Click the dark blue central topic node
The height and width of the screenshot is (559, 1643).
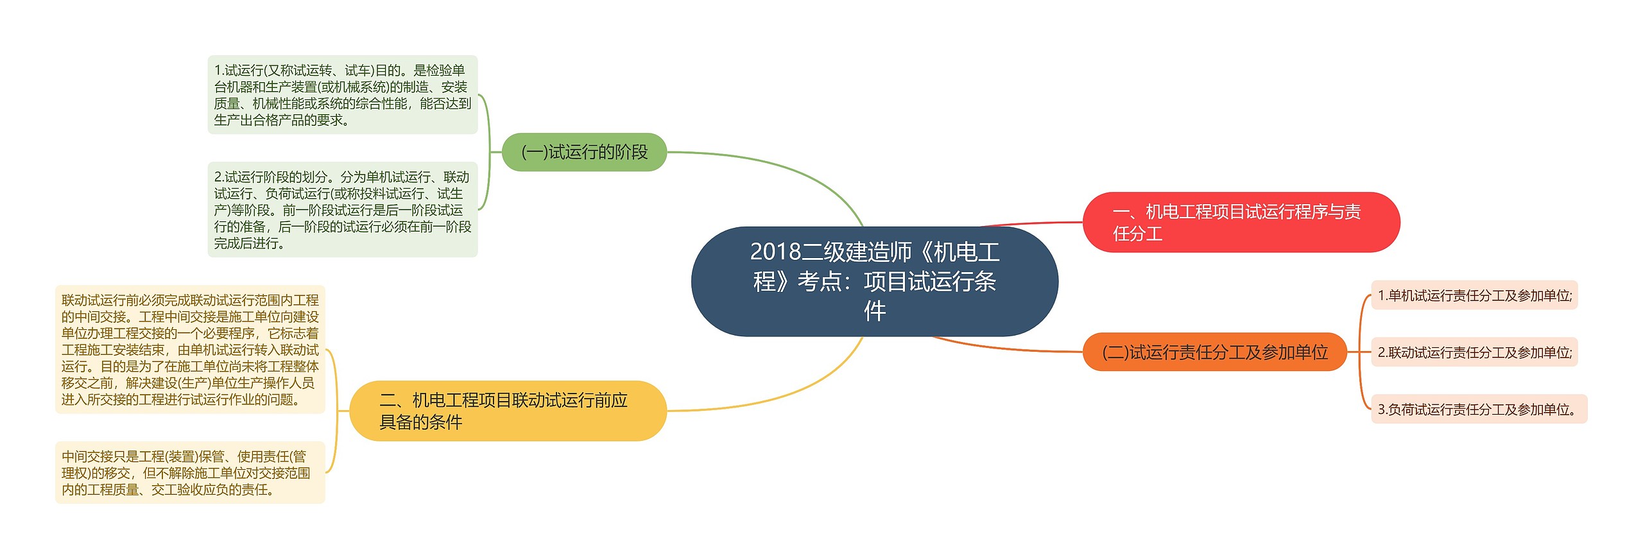[874, 281]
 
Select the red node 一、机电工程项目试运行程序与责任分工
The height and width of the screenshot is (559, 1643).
[1241, 222]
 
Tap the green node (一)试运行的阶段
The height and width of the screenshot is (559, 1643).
[584, 152]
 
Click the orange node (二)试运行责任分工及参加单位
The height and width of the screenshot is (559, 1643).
[1214, 352]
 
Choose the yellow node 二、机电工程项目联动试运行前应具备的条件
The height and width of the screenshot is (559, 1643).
[508, 411]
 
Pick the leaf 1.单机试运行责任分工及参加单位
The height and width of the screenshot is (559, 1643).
[1474, 295]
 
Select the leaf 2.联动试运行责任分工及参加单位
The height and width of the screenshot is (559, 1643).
[1474, 352]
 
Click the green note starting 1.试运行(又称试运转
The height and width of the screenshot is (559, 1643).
[342, 95]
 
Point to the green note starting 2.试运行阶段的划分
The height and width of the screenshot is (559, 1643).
[342, 209]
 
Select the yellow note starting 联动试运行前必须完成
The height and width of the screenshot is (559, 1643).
[190, 349]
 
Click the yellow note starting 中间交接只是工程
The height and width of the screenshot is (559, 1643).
[190, 472]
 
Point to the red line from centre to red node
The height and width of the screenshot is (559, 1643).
[1033, 223]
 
